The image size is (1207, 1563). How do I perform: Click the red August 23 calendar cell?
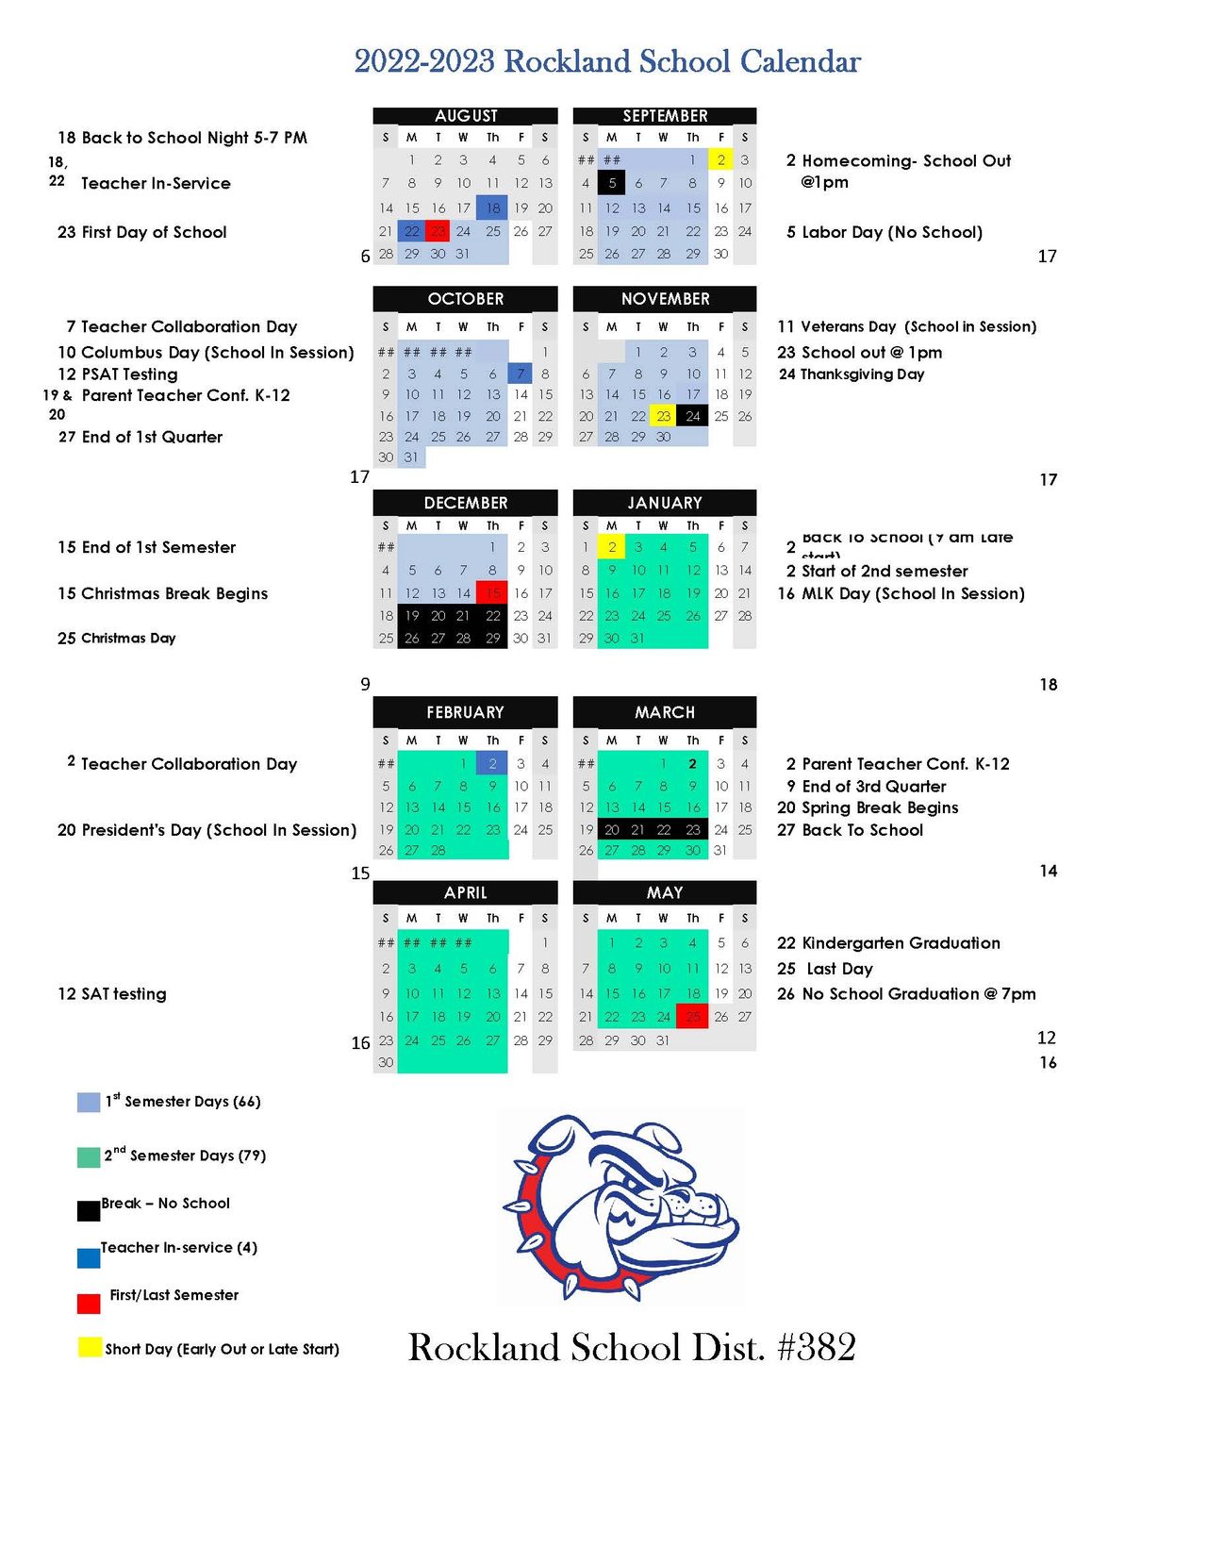point(437,231)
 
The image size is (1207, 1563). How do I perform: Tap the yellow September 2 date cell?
point(720,159)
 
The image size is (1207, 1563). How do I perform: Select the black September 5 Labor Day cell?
point(611,183)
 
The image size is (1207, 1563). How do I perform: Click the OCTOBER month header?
point(465,299)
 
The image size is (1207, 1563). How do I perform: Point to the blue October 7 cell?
point(521,374)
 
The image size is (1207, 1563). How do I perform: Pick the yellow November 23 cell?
point(664,416)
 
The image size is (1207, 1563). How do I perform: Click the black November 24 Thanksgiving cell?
point(693,416)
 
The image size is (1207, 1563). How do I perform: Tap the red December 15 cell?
point(492,592)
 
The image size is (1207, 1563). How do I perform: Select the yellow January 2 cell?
point(611,547)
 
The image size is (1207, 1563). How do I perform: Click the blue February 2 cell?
point(492,764)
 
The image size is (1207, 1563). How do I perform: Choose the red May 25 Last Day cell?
point(692,1017)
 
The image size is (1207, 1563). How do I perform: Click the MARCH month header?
point(664,712)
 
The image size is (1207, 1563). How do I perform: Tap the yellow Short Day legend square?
point(89,1347)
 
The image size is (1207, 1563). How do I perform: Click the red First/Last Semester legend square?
point(89,1303)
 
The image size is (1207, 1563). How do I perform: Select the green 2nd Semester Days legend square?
point(89,1156)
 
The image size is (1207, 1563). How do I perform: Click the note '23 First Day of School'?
point(142,232)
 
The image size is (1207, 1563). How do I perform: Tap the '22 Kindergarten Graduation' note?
point(888,943)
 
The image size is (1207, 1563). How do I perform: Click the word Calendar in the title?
point(800,61)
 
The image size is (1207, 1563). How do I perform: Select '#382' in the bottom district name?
point(817,1348)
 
